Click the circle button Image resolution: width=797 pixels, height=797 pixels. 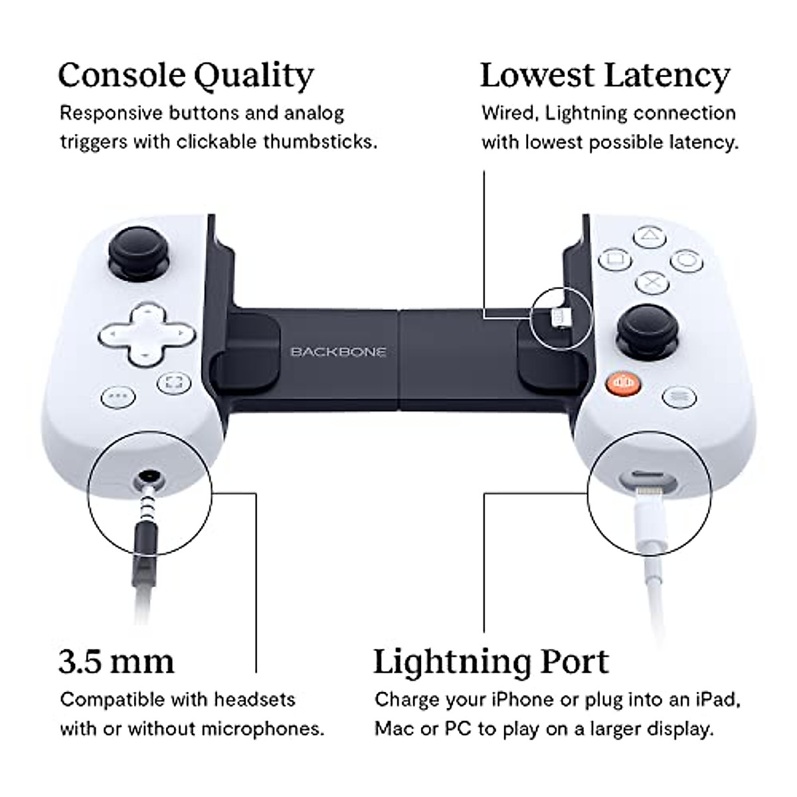pos(687,260)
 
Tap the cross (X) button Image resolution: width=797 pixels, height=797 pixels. pos(652,283)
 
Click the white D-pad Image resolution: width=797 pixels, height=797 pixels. pos(147,332)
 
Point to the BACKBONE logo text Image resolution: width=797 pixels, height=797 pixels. pos(338,351)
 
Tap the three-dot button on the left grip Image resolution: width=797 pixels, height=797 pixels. pos(118,397)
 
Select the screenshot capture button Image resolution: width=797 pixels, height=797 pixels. pos(174,383)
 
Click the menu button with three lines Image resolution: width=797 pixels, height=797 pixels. pos(679,397)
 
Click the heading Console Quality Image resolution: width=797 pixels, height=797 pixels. pos(185,76)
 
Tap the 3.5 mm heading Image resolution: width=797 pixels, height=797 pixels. pos(116,662)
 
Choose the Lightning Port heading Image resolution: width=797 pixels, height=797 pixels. pos(491,662)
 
